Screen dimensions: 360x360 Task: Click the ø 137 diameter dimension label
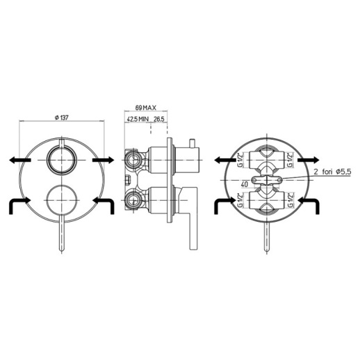click(x=62, y=117)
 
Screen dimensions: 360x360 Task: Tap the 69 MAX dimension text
click(x=146, y=108)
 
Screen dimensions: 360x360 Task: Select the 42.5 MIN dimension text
click(x=138, y=119)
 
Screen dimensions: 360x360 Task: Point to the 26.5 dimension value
click(x=159, y=119)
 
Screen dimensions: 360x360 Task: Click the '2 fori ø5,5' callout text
click(x=333, y=172)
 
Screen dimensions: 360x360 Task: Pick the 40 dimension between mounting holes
click(x=245, y=184)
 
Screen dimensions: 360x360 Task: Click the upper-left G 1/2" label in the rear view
click(x=240, y=159)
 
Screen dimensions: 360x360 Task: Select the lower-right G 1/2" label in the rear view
click(x=290, y=200)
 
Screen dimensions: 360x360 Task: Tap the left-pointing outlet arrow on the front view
click(x=20, y=160)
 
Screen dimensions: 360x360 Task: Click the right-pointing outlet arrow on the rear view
click(x=309, y=160)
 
